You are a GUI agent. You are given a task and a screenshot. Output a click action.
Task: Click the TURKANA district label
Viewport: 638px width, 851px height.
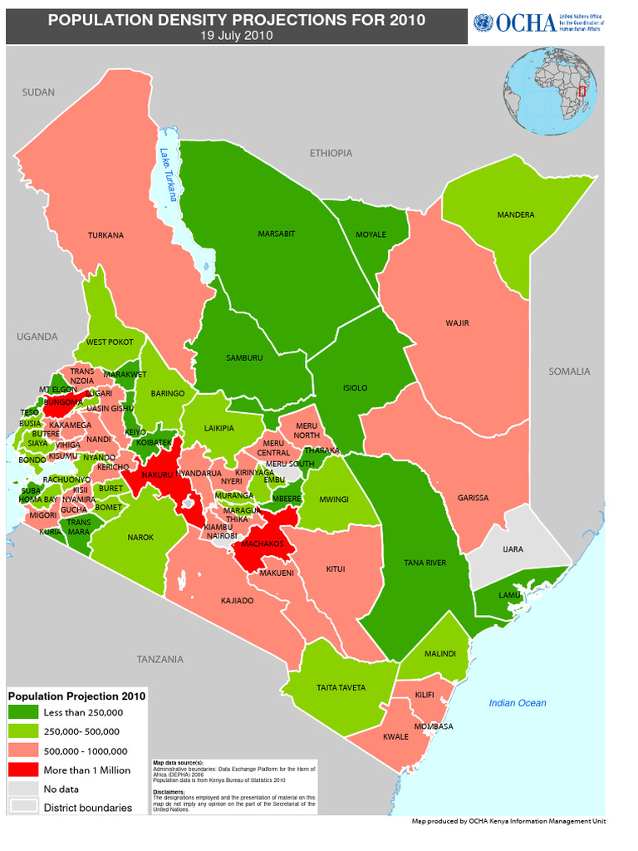tap(106, 235)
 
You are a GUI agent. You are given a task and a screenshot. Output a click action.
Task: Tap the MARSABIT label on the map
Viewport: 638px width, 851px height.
tap(277, 234)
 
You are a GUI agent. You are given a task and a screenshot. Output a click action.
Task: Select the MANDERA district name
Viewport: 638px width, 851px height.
tap(516, 215)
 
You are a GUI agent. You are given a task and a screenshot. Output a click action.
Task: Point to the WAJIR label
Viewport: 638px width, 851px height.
tap(458, 322)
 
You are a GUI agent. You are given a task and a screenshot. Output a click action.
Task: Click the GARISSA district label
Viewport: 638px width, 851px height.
tap(473, 498)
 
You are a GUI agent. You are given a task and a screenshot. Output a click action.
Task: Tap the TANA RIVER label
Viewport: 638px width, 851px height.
tap(425, 563)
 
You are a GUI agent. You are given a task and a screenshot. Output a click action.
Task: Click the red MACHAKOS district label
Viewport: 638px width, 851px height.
tap(263, 544)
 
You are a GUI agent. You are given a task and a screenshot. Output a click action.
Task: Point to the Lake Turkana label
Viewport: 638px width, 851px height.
tap(169, 175)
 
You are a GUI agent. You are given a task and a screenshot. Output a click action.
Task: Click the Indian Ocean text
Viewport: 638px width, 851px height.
tap(518, 703)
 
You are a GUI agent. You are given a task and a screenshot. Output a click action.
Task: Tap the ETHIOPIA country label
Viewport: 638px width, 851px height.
tap(331, 153)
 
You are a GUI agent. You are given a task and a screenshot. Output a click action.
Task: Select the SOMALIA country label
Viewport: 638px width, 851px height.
tap(569, 371)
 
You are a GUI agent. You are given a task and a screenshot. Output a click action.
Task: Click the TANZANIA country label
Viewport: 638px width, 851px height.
tap(159, 659)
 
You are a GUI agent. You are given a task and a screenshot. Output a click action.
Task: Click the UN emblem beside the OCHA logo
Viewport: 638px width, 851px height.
tap(482, 23)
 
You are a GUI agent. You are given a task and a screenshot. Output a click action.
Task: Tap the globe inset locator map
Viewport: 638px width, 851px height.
tap(550, 91)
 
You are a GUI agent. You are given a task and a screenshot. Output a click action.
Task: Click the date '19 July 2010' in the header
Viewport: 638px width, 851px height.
tap(236, 36)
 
